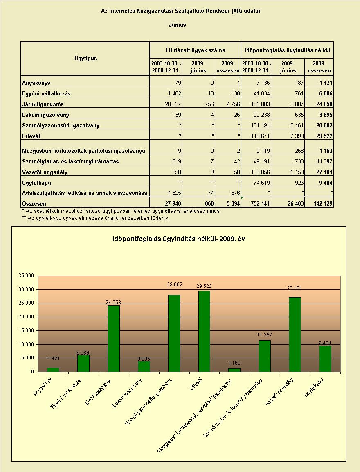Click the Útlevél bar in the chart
[x=204, y=331]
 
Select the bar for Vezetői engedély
[x=295, y=334]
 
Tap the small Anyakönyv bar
[x=53, y=370]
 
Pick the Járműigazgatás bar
[x=113, y=339]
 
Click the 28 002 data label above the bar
[x=174, y=285]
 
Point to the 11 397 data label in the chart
[x=264, y=335]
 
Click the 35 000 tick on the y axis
[x=26, y=276]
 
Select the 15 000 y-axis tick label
[x=26, y=330]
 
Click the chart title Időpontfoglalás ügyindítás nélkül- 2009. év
[x=179, y=239]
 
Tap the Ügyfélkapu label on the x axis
[x=315, y=387]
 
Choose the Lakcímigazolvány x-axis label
[x=127, y=393]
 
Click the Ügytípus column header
[x=86, y=58]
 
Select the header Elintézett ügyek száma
[x=195, y=50]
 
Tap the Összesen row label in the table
[x=34, y=203]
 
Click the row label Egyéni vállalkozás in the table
[x=46, y=94]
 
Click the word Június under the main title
[x=178, y=25]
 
